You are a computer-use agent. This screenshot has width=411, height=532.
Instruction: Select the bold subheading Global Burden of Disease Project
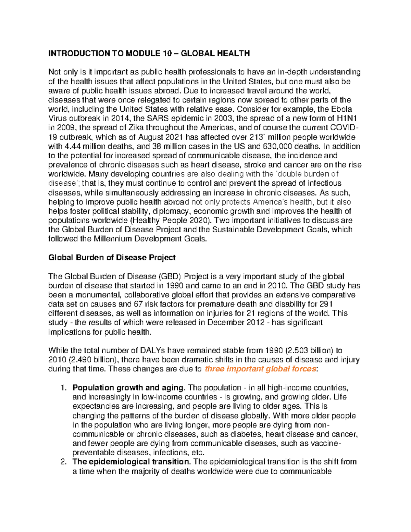112,258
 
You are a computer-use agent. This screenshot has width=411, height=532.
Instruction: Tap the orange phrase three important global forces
260,369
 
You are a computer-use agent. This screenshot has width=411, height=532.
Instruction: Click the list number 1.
63,388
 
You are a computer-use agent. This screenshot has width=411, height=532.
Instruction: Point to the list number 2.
63,462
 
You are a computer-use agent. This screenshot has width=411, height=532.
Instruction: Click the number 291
326,304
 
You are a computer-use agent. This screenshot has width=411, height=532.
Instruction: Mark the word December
226,323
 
